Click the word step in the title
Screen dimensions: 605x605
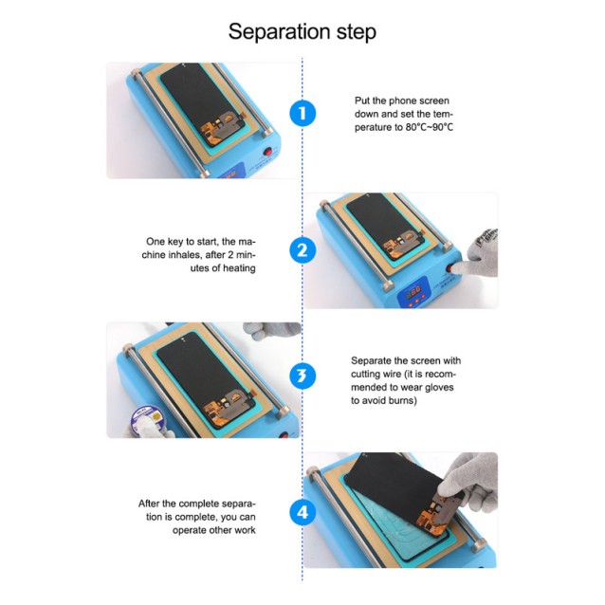pyautogui.click(x=351, y=33)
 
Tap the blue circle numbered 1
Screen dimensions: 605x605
pyautogui.click(x=302, y=114)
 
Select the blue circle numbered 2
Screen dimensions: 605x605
pyautogui.click(x=302, y=250)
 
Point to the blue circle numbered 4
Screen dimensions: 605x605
pyautogui.click(x=302, y=513)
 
